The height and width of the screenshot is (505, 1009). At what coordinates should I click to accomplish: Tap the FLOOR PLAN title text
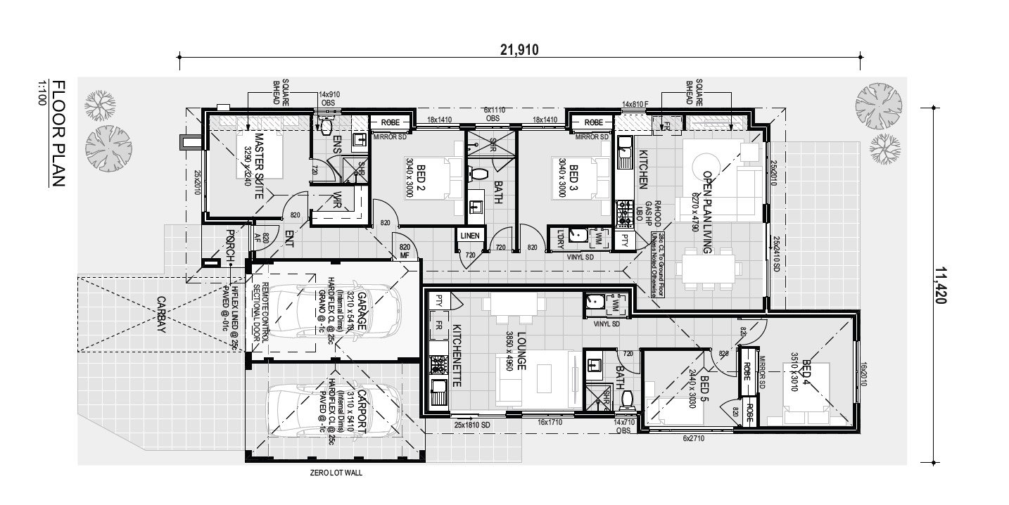coord(58,133)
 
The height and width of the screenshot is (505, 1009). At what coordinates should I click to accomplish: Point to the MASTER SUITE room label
coord(259,166)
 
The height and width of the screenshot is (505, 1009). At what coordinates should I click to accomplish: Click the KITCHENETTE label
coord(456,356)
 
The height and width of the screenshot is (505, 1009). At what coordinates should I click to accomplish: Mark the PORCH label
coord(230,247)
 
